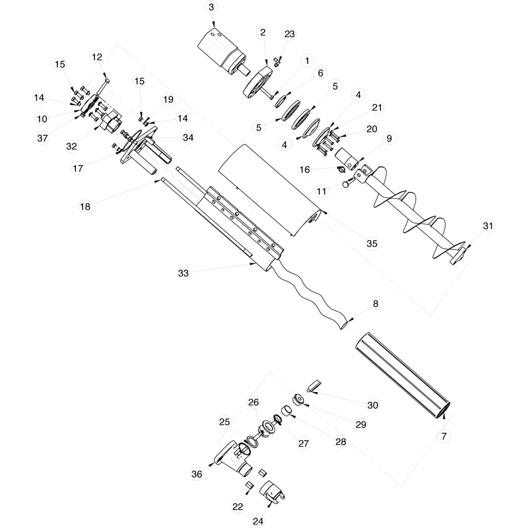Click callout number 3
pos(211,7)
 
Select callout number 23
pos(290,34)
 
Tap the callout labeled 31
pos(488,226)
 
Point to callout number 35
pos(372,244)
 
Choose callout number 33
pos(183,273)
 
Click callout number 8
pos(375,304)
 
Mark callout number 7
pos(444,436)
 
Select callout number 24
pos(257,521)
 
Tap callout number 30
pos(373,405)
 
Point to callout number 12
pos(97,57)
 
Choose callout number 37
pos(43,138)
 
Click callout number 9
pos(389,138)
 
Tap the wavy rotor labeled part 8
pos(310,290)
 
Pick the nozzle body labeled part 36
pos(228,459)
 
